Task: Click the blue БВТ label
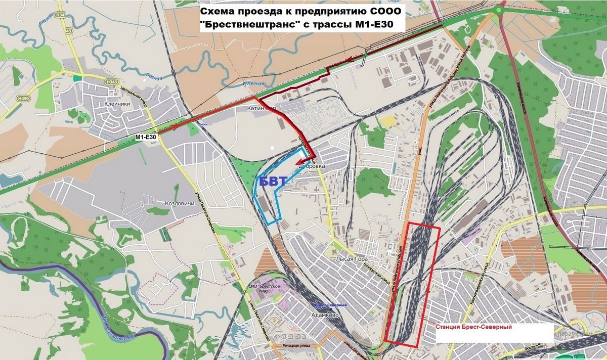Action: pyautogui.click(x=273, y=182)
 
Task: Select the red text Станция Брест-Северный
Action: pyautogui.click(x=473, y=328)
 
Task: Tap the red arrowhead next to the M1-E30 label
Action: pyautogui.click(x=178, y=127)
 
